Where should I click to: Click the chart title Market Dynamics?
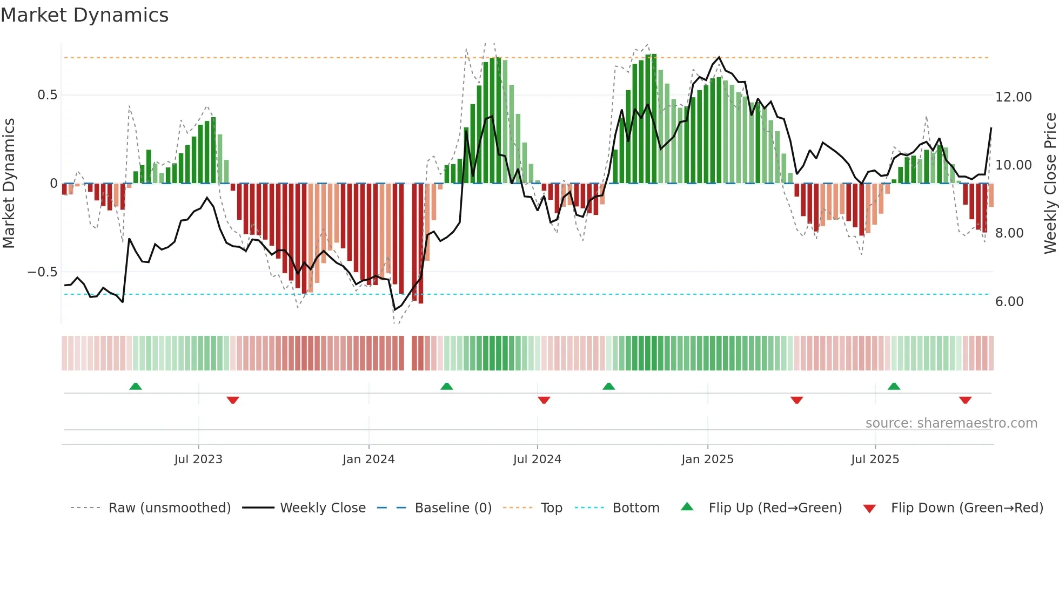84,15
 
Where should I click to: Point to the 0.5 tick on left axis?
47,95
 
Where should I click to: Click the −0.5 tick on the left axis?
43,272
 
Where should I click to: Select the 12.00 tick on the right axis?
1013,97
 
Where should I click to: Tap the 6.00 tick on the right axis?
1009,302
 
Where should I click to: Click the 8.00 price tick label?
1009,233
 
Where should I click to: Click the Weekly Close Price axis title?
1050,184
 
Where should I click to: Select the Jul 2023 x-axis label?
198,459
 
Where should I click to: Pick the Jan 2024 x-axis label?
368,459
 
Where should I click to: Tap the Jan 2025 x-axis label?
707,459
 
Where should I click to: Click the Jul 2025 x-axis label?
875,459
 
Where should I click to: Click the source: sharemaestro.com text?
951,423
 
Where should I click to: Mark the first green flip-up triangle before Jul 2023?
136,387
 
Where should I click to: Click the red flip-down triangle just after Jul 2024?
544,400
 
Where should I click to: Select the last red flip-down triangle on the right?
966,400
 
